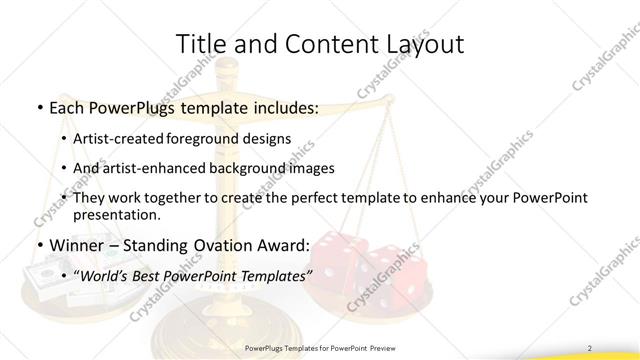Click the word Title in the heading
[199, 43]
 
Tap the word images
[313, 169]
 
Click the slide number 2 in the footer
[590, 347]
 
